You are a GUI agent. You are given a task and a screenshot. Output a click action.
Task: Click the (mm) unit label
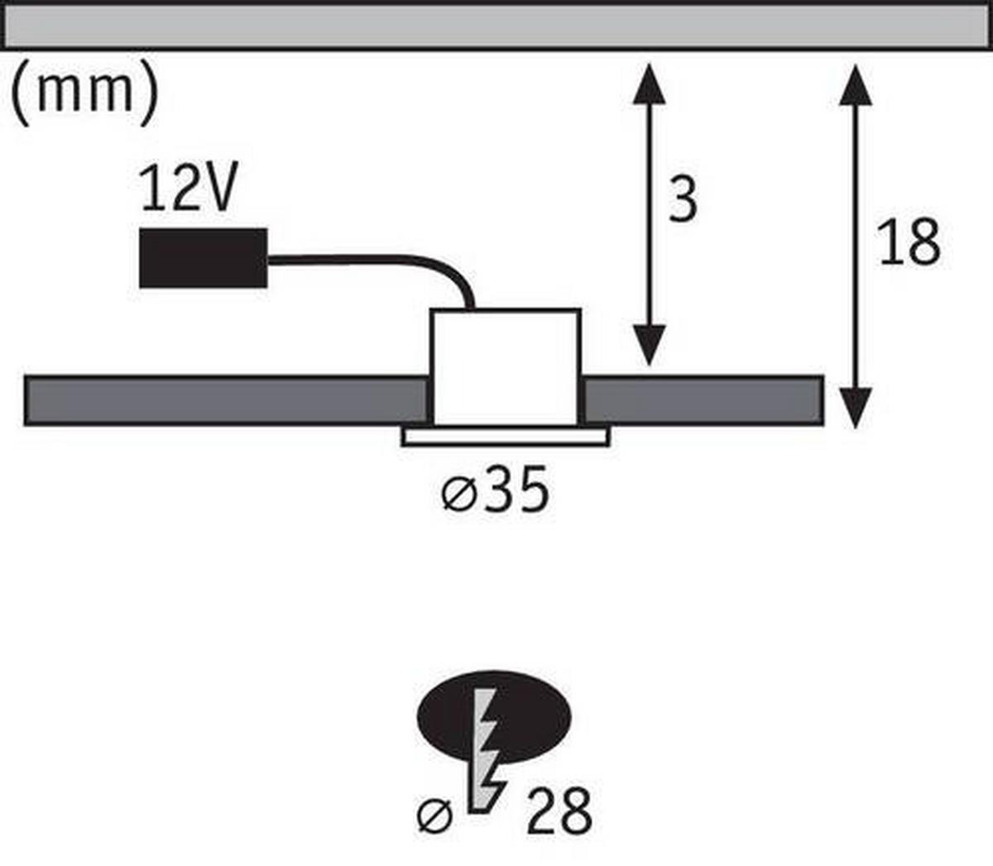coord(84,93)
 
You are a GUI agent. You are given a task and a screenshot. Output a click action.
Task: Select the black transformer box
coord(204,258)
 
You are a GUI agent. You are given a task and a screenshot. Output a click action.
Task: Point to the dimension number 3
coord(684,199)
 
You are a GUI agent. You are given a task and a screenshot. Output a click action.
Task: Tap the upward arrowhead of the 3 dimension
coord(649,83)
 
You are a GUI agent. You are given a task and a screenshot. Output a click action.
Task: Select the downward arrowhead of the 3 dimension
coord(649,346)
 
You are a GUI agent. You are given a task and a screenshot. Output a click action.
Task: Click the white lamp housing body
coord(506,367)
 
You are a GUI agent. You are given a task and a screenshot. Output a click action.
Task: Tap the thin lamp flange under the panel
coord(506,436)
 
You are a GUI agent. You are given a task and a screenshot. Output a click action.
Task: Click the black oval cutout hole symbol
coord(494,718)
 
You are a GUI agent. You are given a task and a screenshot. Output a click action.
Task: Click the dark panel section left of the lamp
coord(227,400)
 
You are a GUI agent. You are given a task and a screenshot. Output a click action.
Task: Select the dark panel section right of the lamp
coord(703,400)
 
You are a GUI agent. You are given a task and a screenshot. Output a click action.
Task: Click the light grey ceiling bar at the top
coord(496,26)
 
